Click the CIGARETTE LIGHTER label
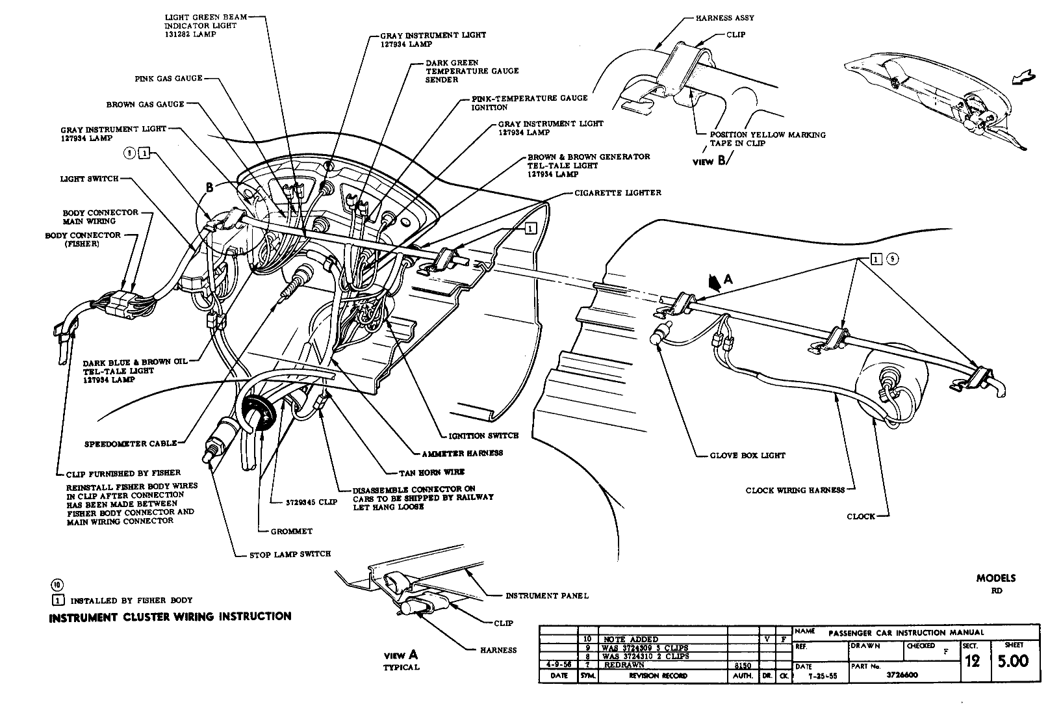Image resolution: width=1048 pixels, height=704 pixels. point(618,193)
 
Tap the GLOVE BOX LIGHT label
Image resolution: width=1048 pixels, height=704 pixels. point(747,456)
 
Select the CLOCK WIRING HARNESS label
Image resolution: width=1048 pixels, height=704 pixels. point(795,490)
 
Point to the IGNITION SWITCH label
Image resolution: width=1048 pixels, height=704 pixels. point(483,436)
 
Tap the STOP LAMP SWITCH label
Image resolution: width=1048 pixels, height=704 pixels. point(290,554)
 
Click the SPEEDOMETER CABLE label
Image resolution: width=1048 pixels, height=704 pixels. point(131,443)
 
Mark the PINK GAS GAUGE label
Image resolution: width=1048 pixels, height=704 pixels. point(168,79)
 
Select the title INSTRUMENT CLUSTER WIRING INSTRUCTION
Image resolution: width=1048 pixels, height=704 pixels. point(170,616)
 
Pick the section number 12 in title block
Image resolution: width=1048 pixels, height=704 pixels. point(973,662)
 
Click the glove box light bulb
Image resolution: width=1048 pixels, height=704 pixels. point(658,337)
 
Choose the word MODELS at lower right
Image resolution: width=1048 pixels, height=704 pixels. point(995,578)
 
